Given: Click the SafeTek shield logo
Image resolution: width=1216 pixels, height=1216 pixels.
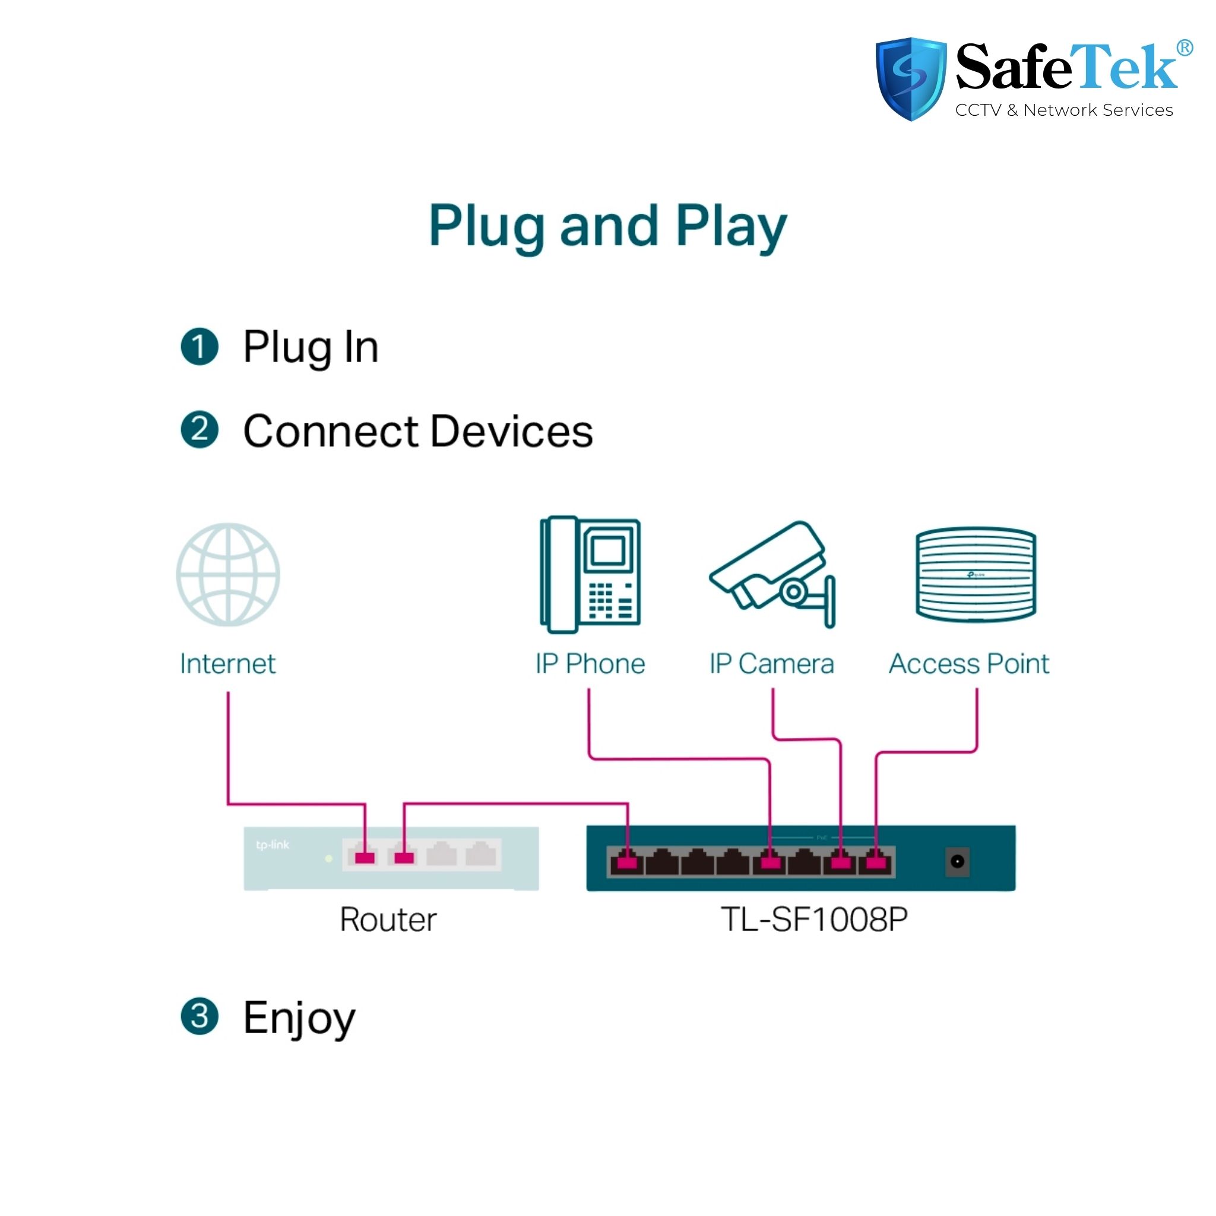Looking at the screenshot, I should pos(911,79).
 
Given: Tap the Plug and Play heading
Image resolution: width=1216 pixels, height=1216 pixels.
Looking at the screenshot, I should pos(607,227).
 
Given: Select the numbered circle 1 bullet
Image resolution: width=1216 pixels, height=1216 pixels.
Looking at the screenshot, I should pos(199,347).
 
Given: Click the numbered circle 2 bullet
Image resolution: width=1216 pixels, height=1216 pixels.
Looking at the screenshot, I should pos(199,430).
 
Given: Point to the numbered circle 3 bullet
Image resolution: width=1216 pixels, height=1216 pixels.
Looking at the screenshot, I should pos(199,1016).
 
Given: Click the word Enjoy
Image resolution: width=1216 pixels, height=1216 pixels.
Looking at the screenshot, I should pos(299,1018).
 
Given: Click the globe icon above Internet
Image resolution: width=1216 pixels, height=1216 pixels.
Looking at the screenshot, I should pos(228,575).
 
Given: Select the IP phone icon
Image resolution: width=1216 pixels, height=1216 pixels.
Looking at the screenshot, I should pos(590,575).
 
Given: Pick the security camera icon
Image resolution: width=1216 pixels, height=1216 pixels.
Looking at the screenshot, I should pos(772,575).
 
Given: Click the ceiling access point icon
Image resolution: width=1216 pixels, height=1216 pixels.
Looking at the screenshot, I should pos(976,574).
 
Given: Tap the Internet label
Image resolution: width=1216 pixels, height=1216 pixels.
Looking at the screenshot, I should pos(228,664).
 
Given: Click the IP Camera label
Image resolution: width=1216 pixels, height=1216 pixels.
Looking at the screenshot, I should pos(772,664).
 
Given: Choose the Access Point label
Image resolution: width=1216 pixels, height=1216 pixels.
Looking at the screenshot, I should pos(968,664).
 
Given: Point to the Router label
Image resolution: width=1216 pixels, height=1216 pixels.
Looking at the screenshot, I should pos(388,920).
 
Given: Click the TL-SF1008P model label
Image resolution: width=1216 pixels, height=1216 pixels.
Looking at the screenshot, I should pos(814,920).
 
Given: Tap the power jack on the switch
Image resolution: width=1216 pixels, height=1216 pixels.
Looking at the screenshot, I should pos(957,861).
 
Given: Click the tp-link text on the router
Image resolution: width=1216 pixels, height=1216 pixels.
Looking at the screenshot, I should pos(273,845).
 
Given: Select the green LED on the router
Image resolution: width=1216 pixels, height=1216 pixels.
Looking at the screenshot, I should pos(328,859).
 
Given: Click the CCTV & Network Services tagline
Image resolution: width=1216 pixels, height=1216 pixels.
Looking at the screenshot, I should pos(1063,110).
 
